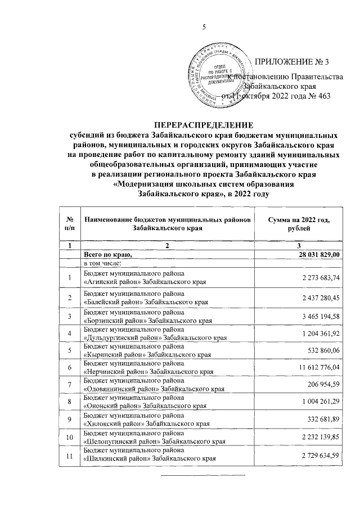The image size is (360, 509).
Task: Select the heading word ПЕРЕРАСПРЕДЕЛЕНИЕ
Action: click(204, 125)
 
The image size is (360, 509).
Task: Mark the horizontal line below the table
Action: click(204, 476)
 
